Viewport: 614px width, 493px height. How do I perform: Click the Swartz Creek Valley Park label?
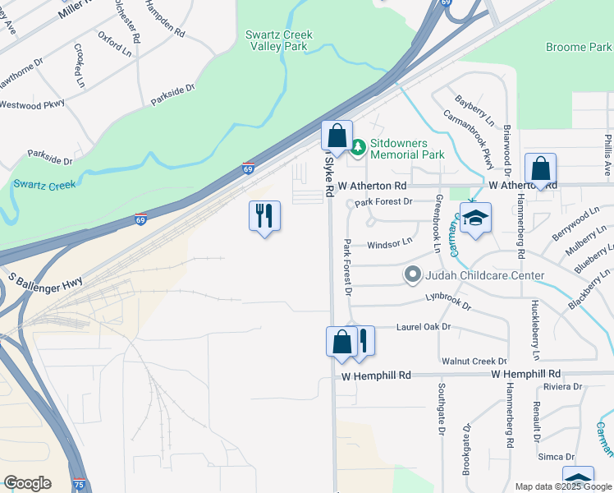pyautogui.click(x=276, y=41)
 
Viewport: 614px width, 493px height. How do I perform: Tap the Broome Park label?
pyautogui.click(x=578, y=48)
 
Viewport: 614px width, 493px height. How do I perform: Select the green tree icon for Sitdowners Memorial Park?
pyautogui.click(x=358, y=148)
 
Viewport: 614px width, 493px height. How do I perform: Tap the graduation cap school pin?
pyautogui.click(x=475, y=219)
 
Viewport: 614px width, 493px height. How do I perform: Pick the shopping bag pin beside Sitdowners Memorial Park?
pyautogui.click(x=337, y=136)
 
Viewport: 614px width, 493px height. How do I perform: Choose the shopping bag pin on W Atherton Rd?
pyautogui.click(x=541, y=170)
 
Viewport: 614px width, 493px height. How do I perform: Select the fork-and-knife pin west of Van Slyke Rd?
pyautogui.click(x=264, y=217)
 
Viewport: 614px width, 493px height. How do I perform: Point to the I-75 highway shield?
pyautogui.click(x=78, y=484)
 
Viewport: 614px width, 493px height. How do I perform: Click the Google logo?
pyautogui.click(x=27, y=483)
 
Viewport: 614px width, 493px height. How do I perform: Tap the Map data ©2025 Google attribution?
pyautogui.click(x=562, y=486)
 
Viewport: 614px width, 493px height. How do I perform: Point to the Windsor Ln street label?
pyautogui.click(x=389, y=244)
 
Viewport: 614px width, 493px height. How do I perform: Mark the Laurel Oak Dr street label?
pyautogui.click(x=424, y=327)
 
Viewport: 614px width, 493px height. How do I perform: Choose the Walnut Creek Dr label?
pyautogui.click(x=474, y=362)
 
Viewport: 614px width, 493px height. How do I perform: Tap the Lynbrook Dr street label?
pyautogui.click(x=447, y=301)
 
